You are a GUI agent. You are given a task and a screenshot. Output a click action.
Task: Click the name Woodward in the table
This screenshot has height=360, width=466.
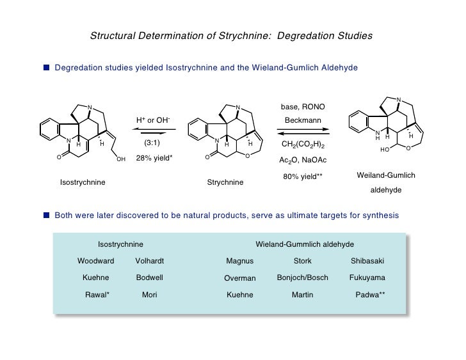[x=96, y=261]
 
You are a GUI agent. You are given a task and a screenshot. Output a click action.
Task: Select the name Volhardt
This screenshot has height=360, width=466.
[x=150, y=261]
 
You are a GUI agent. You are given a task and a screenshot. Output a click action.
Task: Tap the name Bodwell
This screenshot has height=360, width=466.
[x=150, y=278]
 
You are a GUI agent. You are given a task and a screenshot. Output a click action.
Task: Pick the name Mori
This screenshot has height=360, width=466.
[x=150, y=295]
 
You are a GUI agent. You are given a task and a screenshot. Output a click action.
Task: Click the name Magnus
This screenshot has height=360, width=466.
[x=240, y=261]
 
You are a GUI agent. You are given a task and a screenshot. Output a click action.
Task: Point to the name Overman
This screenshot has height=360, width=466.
[x=240, y=278]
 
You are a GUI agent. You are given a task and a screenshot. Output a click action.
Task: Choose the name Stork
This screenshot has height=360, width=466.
[x=302, y=261]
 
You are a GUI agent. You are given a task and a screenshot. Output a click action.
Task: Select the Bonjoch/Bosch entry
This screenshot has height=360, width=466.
[x=302, y=278]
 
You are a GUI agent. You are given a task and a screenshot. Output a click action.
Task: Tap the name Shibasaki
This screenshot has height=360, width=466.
[x=367, y=261]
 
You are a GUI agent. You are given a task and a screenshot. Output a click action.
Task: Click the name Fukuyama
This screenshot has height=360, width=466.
[x=367, y=278]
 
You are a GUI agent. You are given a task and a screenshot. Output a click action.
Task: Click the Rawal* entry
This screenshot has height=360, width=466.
[x=97, y=295]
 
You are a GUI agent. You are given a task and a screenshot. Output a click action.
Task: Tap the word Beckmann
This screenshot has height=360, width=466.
[x=302, y=120]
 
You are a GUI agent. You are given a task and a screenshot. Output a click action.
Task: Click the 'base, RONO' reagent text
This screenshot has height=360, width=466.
[x=302, y=106]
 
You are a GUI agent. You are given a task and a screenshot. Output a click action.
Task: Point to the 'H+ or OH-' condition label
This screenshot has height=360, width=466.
[x=153, y=120]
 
